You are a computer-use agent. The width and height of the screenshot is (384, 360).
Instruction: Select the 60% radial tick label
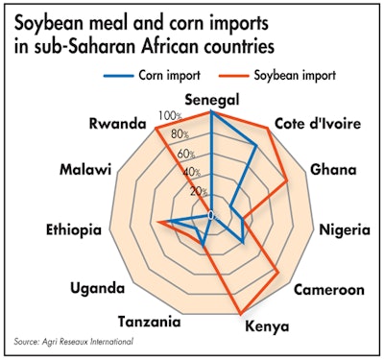(x=197, y=154)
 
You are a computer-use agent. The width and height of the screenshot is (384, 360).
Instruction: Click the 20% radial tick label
(x=198, y=191)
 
